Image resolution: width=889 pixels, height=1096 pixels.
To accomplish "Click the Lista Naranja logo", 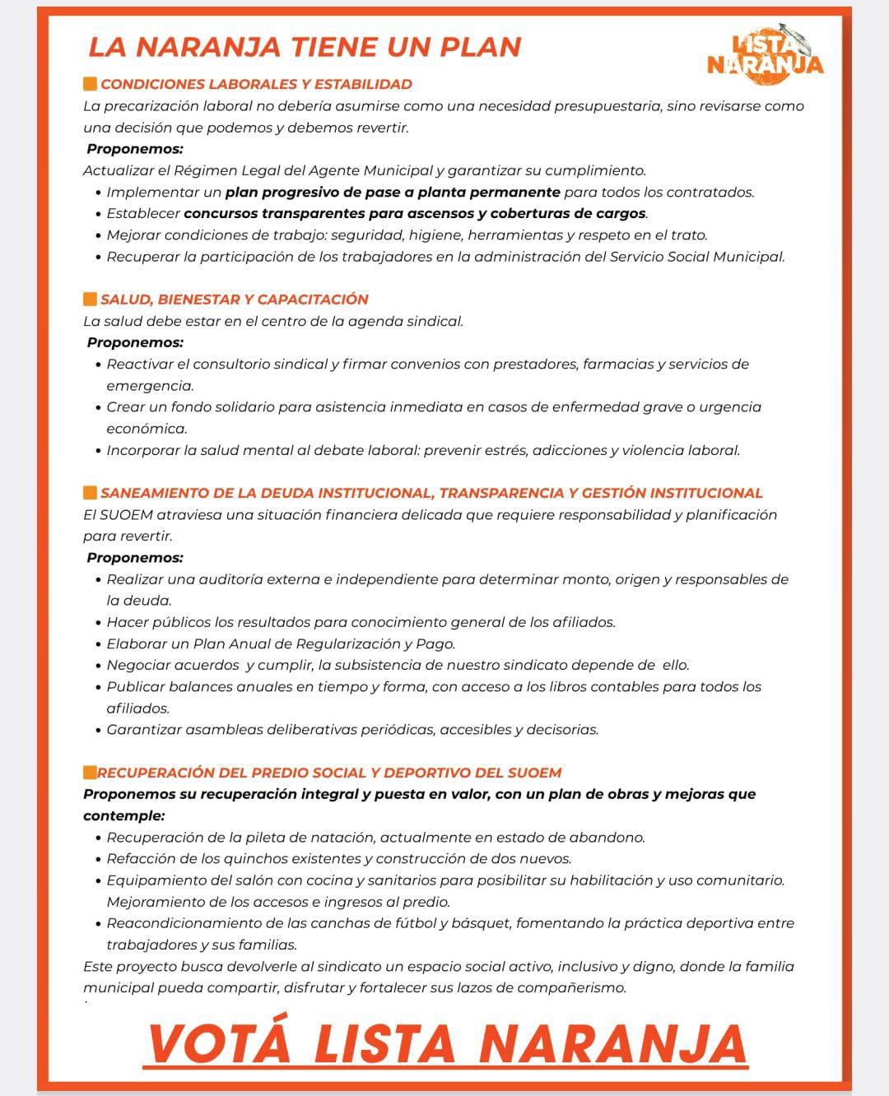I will click(766, 54).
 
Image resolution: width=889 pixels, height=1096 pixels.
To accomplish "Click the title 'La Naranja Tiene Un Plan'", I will click(305, 47).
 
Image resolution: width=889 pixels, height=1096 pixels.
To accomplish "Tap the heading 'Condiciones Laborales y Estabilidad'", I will click(256, 84).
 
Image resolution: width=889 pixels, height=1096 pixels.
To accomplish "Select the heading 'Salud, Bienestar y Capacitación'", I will click(234, 300).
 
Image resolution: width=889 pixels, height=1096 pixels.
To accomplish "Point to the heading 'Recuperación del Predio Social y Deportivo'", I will click(329, 773).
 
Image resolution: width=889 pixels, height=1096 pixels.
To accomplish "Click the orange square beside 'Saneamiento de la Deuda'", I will click(91, 493).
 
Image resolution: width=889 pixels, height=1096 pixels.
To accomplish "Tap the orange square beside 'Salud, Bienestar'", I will click(91, 300).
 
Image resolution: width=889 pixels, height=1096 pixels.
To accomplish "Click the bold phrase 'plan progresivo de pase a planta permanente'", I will click(393, 193).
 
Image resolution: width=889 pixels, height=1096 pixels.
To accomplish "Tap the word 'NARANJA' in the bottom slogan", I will click(612, 1043).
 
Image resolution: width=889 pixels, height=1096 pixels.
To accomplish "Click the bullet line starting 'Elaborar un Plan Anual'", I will click(281, 644).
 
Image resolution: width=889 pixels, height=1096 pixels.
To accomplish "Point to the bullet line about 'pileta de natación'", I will click(375, 838).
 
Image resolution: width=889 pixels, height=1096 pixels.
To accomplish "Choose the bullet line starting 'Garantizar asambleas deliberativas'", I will click(352, 730).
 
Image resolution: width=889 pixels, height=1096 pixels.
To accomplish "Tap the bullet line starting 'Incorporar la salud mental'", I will click(423, 451).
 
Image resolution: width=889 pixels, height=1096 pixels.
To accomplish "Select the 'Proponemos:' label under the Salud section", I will click(135, 342).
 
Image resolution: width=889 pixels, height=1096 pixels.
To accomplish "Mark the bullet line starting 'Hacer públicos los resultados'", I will click(361, 623).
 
